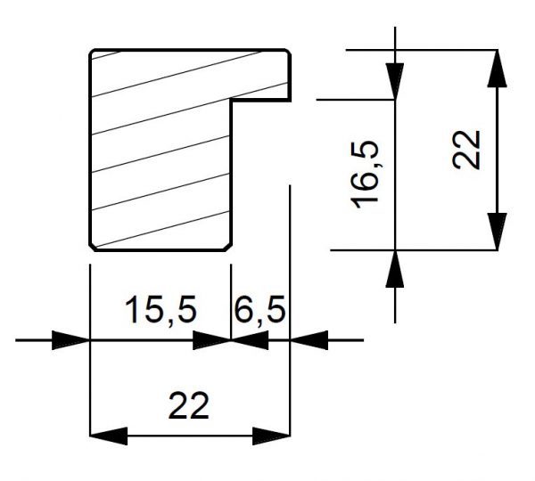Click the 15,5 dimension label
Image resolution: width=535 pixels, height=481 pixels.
pyautogui.click(x=160, y=310)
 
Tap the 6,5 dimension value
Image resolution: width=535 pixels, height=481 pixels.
pyautogui.click(x=259, y=310)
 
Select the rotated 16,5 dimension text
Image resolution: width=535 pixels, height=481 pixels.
pyautogui.click(x=365, y=175)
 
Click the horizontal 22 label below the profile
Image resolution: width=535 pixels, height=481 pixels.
pyautogui.click(x=188, y=405)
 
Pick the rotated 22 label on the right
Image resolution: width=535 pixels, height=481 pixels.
pyautogui.click(x=466, y=150)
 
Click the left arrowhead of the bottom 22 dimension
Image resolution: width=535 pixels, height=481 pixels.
pyautogui.click(x=109, y=436)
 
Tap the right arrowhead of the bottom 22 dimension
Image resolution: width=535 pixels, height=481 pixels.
pyautogui.click(x=271, y=436)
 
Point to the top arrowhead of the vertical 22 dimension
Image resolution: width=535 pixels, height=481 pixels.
pyautogui.click(x=498, y=69)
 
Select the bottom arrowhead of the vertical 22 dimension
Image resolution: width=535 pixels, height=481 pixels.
pyautogui.click(x=498, y=232)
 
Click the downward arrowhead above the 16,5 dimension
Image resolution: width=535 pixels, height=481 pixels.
pyautogui.click(x=395, y=81)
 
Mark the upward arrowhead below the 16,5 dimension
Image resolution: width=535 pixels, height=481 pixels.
pyautogui.click(x=395, y=269)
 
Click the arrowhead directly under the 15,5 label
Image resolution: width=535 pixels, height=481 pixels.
pyautogui.click(x=212, y=340)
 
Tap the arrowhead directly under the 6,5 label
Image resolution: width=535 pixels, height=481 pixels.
pyautogui.click(x=250, y=340)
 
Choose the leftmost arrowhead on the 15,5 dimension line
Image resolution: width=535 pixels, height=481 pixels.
pyautogui.click(x=70, y=340)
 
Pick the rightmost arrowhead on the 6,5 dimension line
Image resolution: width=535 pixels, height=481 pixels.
pyautogui.click(x=309, y=340)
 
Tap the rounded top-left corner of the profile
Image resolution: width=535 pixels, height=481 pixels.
pyautogui.click(x=92, y=53)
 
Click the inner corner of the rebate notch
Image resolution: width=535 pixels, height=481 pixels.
pyautogui.click(x=232, y=100)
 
